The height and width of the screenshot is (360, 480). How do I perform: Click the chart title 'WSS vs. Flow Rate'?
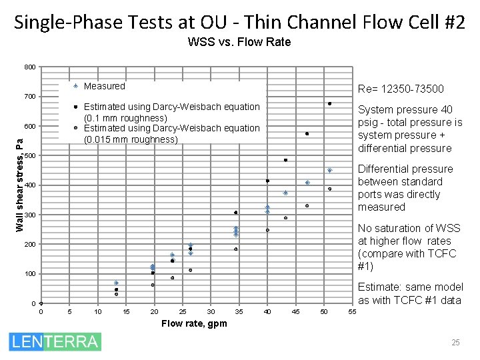click(239, 42)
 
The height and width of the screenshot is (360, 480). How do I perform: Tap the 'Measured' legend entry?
click(104, 86)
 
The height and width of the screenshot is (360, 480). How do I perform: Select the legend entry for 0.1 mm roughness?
click(171, 112)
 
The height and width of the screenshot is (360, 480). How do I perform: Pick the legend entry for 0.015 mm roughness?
click(171, 133)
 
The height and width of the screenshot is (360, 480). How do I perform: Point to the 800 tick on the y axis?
click(31, 67)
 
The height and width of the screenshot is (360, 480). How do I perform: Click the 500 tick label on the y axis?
click(31, 156)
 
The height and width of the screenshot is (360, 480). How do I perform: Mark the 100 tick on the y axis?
click(31, 274)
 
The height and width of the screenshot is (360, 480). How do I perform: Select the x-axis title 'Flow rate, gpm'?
click(193, 324)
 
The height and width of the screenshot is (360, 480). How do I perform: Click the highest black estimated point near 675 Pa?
click(329, 103)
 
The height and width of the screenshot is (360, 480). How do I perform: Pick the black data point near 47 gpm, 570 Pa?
click(307, 134)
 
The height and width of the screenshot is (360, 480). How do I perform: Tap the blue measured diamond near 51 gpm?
click(329, 171)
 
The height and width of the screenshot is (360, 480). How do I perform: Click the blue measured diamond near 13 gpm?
click(116, 283)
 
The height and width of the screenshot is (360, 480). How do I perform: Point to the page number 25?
click(455, 343)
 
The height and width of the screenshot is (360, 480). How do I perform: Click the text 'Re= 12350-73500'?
click(401, 89)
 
